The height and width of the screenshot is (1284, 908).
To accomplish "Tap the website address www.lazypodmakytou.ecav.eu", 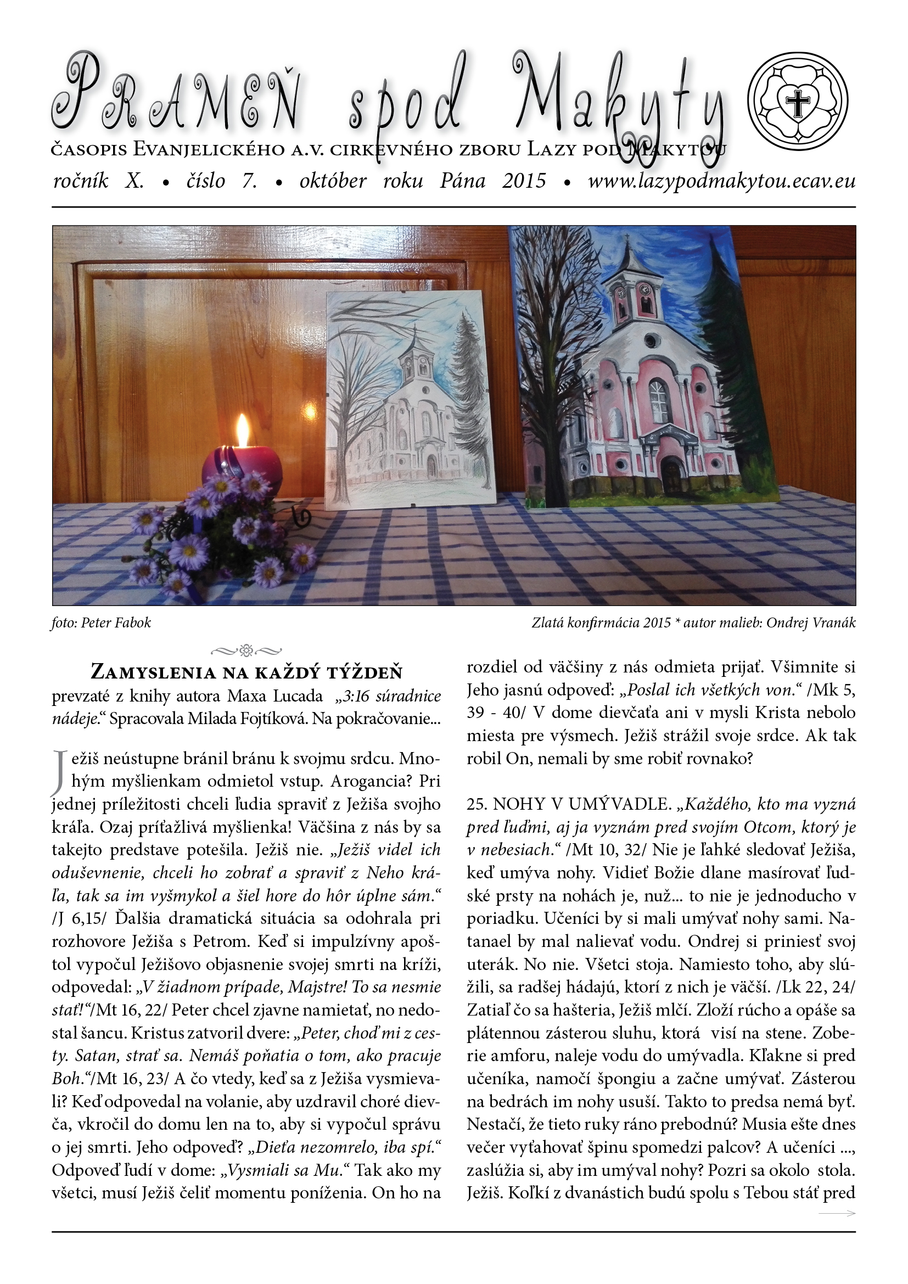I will coord(721,181).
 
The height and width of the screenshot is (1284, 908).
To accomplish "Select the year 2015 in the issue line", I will coord(524,181).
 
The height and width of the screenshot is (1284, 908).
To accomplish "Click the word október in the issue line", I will coord(333,181).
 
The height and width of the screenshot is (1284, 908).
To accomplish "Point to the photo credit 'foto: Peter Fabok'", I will coord(101,623).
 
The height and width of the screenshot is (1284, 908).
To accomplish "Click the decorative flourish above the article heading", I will coord(246,650).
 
